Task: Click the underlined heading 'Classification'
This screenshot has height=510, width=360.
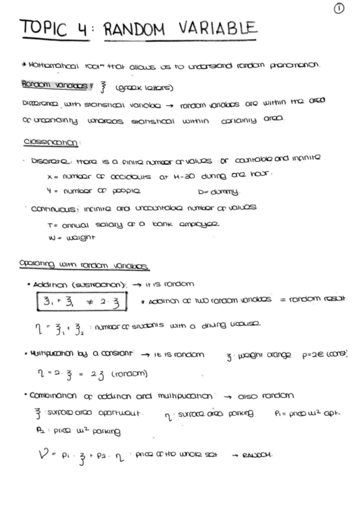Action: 45,143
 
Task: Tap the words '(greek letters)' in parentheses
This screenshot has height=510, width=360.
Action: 149,88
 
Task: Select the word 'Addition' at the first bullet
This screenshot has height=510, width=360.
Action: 49,283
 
